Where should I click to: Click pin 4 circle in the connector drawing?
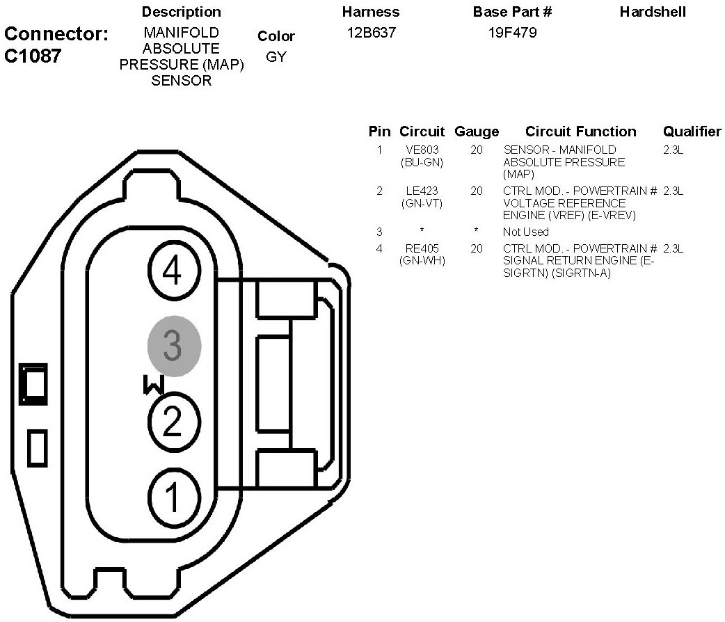pyautogui.click(x=174, y=271)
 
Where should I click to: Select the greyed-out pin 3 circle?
pyautogui.click(x=174, y=346)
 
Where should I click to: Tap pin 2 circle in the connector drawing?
pyautogui.click(x=174, y=422)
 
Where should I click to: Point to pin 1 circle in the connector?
pyautogui.click(x=174, y=497)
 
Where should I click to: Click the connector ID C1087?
pyautogui.click(x=33, y=56)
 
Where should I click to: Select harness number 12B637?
pyautogui.click(x=372, y=33)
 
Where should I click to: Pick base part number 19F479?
pyautogui.click(x=512, y=33)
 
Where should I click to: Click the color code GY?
pyautogui.click(x=276, y=57)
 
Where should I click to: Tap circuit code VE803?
pyautogui.click(x=422, y=150)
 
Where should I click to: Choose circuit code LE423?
pyautogui.click(x=422, y=191)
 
